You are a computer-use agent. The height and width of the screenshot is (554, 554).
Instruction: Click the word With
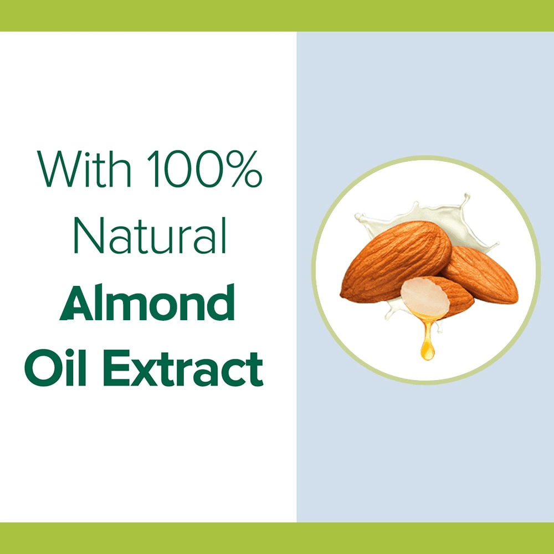84,168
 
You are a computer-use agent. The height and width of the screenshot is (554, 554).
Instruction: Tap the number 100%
204,168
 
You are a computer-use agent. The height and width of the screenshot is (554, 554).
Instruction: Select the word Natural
150,235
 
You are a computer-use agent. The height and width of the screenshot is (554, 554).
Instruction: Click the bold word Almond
147,302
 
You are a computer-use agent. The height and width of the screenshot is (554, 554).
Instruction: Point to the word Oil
55,368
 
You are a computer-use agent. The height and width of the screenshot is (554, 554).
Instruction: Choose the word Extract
183,368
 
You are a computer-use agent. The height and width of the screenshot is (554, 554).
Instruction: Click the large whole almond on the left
396,261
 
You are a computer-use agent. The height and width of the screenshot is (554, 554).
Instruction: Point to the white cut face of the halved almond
425,296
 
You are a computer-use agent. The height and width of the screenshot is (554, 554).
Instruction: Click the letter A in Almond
77,302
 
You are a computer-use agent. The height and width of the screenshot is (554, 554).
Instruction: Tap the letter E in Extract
116,368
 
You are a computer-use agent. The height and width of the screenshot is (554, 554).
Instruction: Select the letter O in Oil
43,368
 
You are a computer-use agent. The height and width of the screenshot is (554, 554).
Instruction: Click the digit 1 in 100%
153,168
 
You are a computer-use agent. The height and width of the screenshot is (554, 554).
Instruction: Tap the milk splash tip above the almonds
467,196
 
